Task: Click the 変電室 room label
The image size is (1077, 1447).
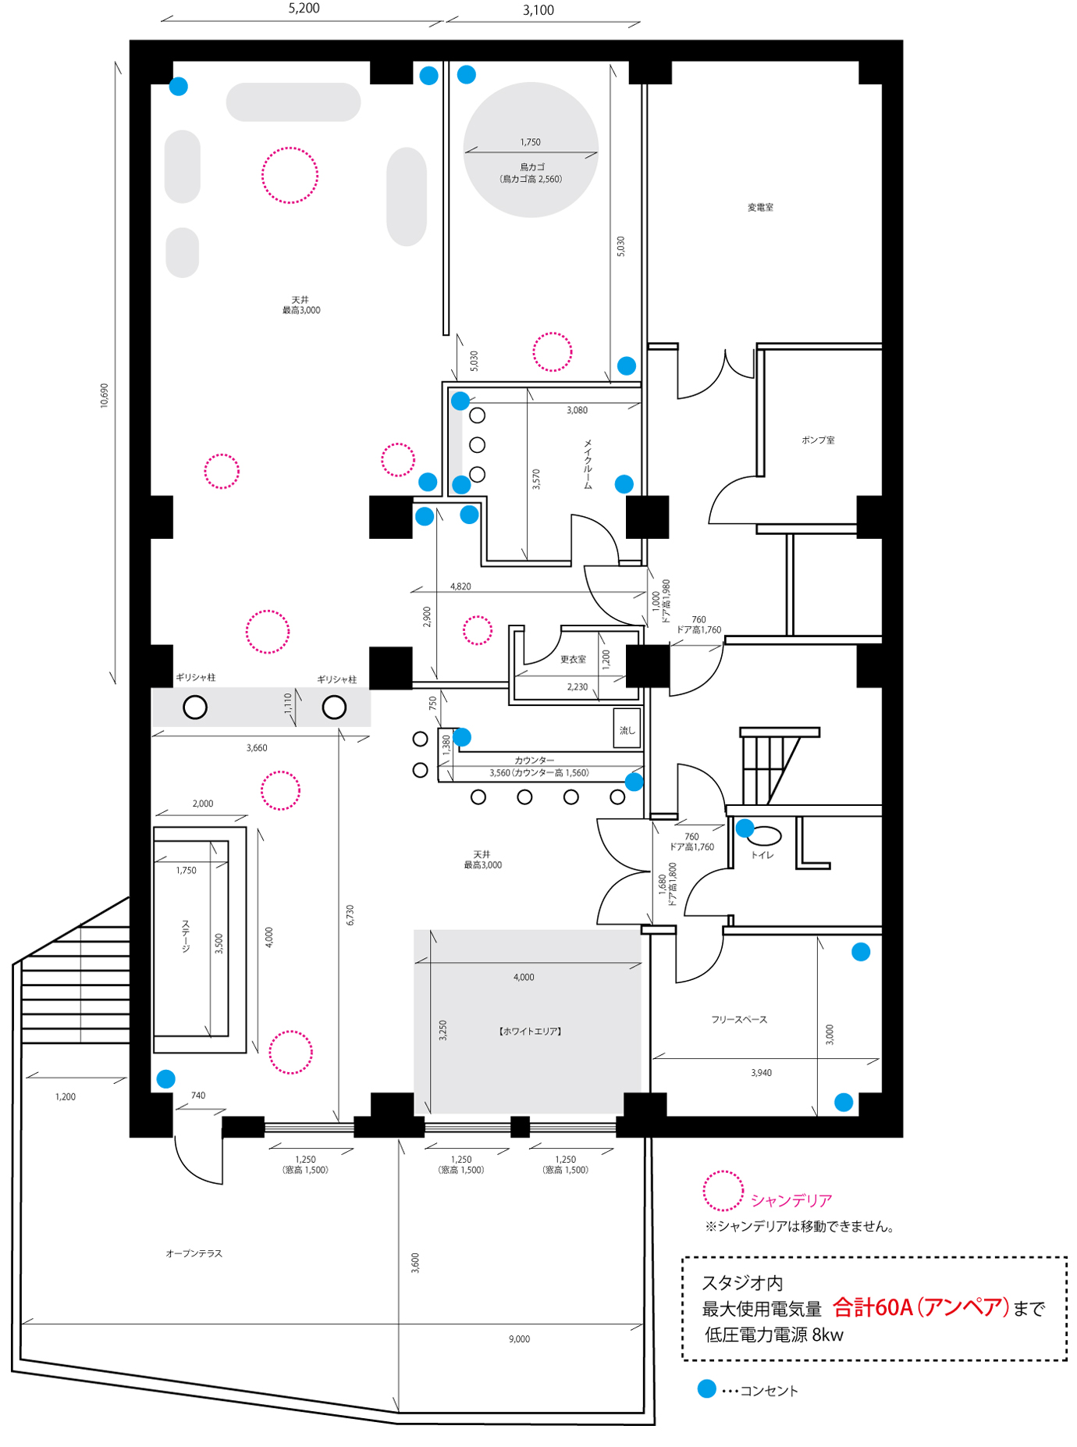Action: [760, 208]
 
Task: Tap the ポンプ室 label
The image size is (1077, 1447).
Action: [818, 440]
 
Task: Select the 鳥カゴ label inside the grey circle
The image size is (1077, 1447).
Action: [532, 167]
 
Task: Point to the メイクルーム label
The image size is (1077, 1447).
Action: [588, 464]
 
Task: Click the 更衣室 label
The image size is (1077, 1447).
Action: [573, 660]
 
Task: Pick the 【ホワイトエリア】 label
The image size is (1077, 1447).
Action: [530, 1032]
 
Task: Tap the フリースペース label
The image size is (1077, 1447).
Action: [739, 1020]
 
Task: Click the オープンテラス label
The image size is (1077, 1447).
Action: [194, 1253]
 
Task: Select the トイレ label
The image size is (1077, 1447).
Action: [762, 855]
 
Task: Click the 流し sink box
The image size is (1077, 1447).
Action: [627, 728]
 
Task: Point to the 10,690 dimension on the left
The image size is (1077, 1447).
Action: [105, 395]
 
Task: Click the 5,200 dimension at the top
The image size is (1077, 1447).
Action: [304, 9]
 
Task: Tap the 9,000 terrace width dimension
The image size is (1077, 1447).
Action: [519, 1339]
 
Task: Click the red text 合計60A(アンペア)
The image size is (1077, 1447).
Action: [921, 1307]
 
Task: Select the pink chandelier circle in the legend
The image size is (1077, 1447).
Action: [723, 1192]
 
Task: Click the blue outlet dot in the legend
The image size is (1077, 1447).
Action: [706, 1389]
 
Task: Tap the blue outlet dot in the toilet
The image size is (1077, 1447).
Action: [745, 828]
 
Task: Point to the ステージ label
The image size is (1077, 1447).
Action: [186, 936]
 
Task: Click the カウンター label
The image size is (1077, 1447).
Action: [535, 760]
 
